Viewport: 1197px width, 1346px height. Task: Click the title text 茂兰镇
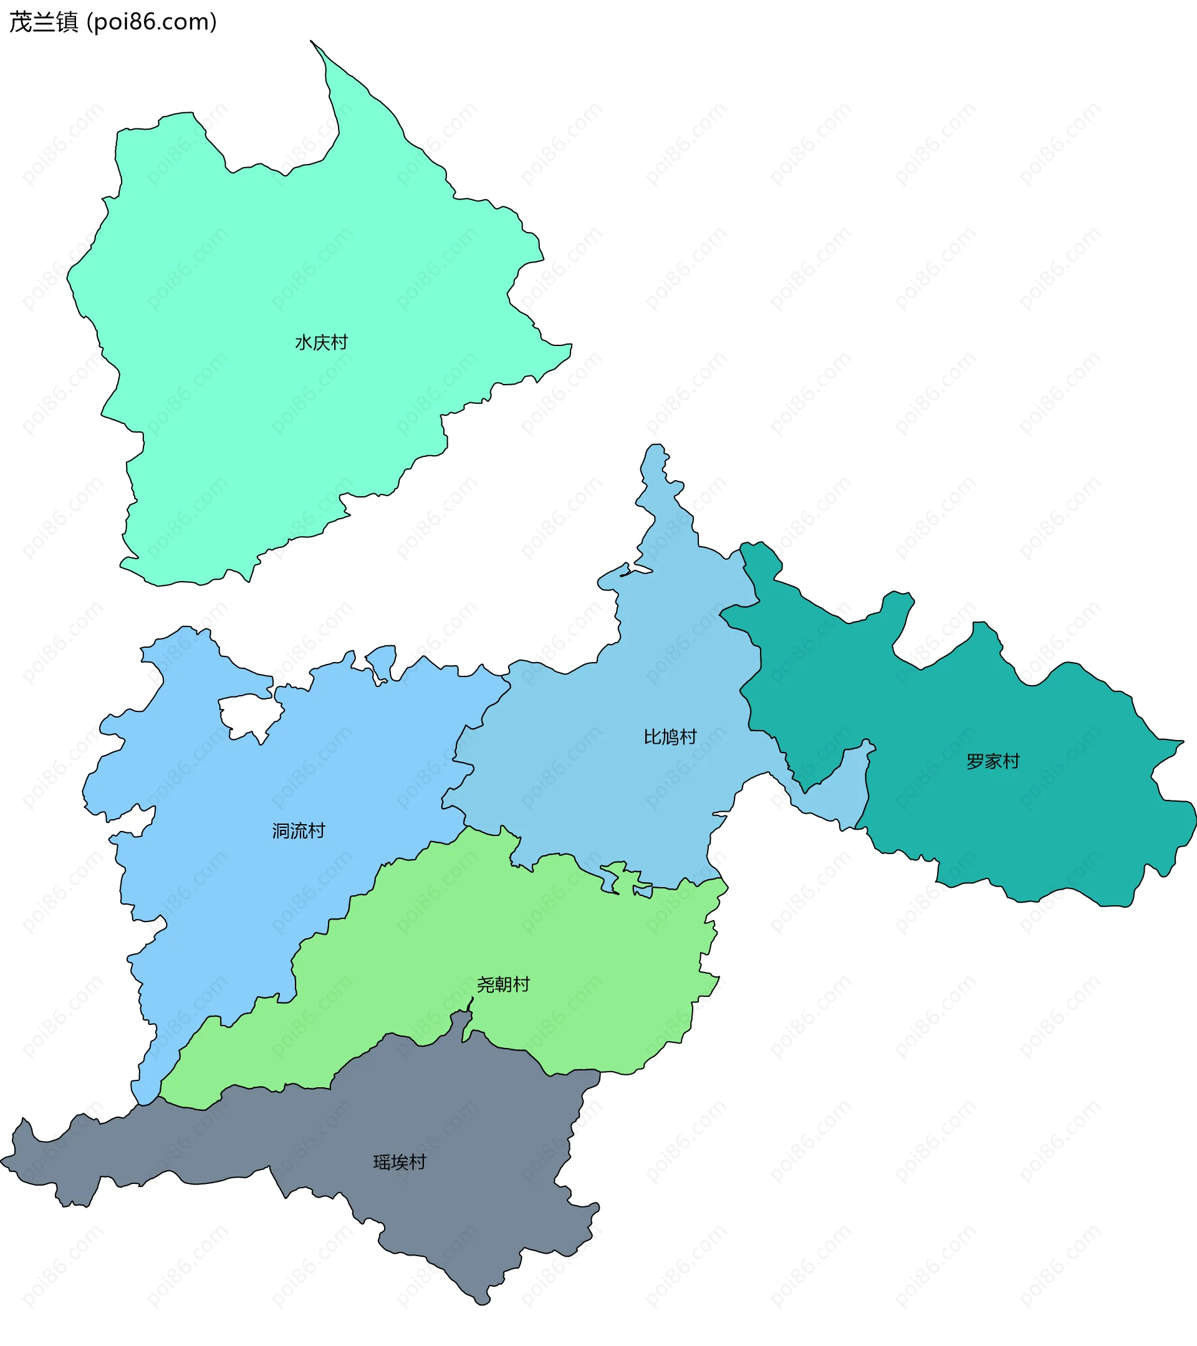coord(44,22)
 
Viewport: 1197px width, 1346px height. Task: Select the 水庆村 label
coord(320,342)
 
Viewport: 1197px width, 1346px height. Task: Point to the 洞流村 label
coord(298,831)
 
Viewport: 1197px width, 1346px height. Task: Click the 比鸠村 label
coord(670,737)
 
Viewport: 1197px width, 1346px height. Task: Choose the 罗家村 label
coord(993,762)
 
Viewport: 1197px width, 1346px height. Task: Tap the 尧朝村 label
coord(503,984)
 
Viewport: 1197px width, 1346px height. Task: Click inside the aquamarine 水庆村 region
coord(263,264)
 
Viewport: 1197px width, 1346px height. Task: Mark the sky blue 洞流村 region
coord(231,889)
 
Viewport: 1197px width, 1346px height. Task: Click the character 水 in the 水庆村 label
coord(303,342)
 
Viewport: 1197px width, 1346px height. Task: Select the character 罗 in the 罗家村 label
coord(975,762)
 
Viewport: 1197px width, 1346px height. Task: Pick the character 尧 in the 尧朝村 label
coord(485,984)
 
